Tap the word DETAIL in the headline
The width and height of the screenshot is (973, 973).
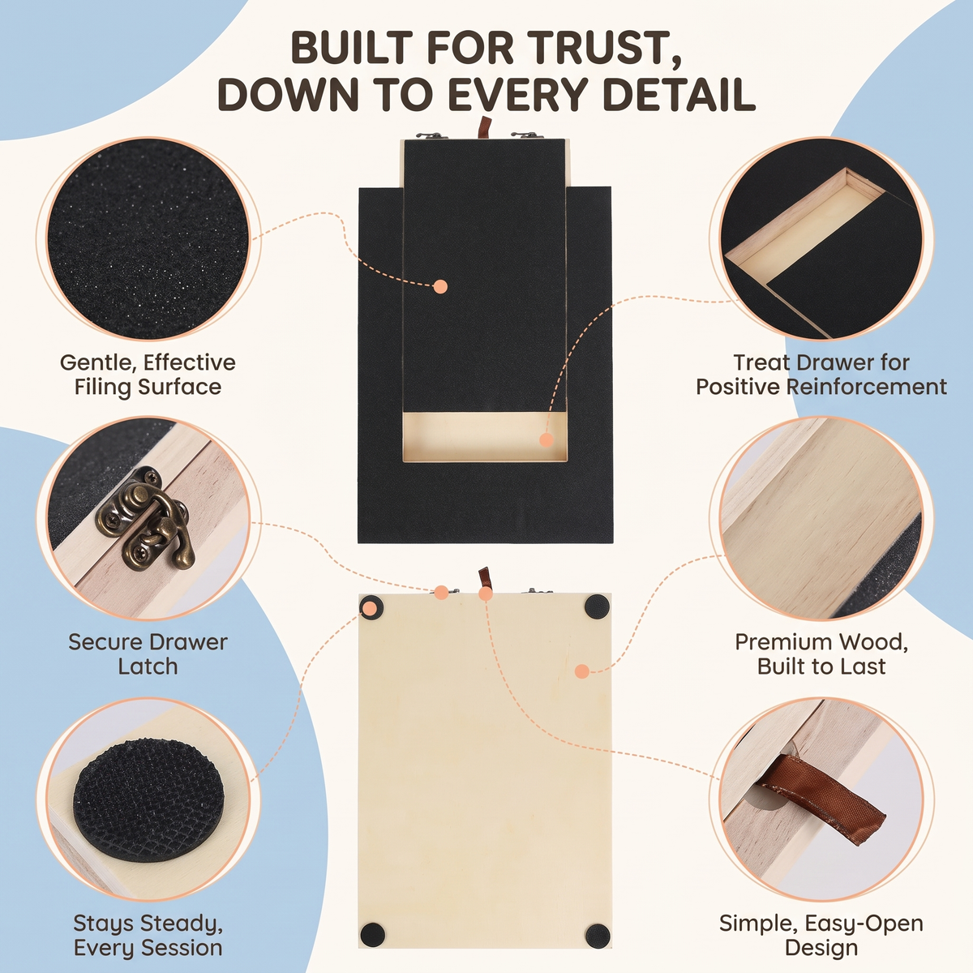point(679,94)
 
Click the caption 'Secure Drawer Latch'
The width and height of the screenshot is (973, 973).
point(148,654)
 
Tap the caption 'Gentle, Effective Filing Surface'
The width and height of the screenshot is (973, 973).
point(148,375)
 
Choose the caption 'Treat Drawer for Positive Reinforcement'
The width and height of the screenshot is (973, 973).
point(821,375)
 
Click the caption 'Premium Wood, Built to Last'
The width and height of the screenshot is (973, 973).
point(821,654)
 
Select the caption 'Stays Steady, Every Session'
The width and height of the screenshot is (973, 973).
point(148,935)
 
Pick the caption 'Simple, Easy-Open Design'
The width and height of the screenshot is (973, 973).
point(821,935)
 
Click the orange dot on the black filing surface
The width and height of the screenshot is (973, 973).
point(440,287)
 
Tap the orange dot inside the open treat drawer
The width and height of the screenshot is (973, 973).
point(546,439)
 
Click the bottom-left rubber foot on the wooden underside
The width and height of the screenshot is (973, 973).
point(371,935)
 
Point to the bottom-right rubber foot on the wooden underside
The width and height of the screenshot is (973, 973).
point(598,936)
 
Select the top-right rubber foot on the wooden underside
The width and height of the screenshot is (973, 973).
point(598,606)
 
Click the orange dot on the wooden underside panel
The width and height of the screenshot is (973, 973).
point(581,671)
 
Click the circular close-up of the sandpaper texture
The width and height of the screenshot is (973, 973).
point(148,239)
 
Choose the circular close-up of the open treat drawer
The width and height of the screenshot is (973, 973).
point(821,239)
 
